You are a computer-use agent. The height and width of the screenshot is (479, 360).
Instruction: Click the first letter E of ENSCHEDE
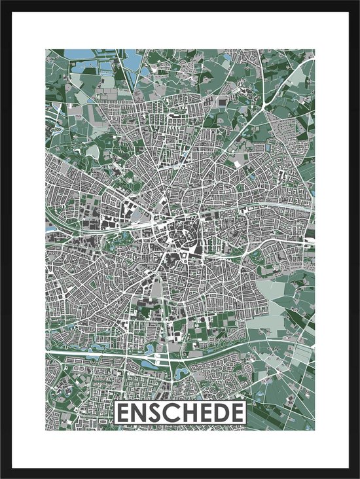point(124,414)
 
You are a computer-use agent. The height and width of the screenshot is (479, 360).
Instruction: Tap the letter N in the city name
point(140,414)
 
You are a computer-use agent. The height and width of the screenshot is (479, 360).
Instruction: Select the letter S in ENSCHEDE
point(156,414)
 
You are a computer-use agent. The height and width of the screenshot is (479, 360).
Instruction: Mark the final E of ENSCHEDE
point(234,414)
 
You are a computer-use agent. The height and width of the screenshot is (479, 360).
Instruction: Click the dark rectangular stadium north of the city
point(225,103)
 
